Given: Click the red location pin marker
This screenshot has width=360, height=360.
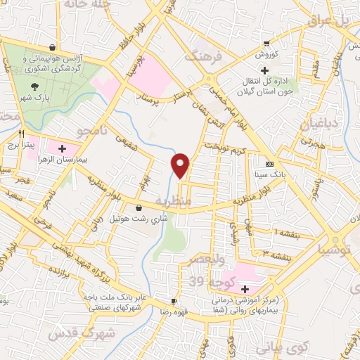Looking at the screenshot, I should tap(181, 165).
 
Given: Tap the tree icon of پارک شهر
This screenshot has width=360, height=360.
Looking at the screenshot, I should tap(34, 84).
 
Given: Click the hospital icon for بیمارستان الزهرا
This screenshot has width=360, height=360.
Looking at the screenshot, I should tap(63, 148).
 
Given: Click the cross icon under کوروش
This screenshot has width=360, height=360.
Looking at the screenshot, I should tap(264, 70).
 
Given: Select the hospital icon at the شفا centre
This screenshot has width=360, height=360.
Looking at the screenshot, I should tap(245, 289).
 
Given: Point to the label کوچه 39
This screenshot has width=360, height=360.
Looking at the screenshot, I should tap(206, 281).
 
